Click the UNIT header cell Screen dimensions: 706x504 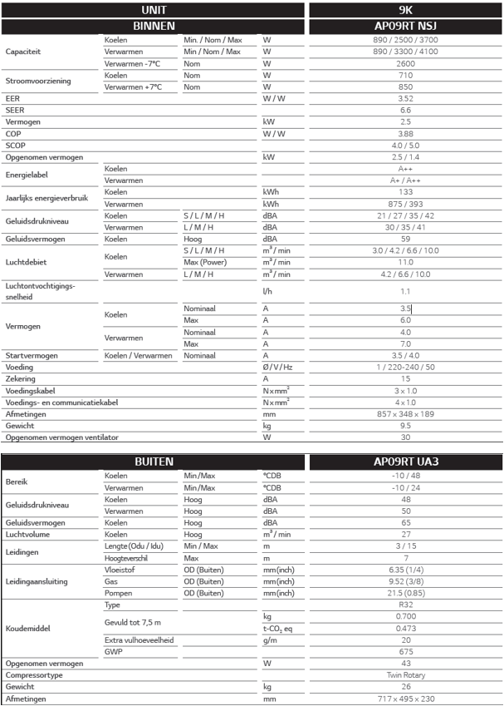point(154,10)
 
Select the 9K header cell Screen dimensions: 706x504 point(405,10)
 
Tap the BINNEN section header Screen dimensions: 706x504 point(154,26)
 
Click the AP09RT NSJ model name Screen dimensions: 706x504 point(405,26)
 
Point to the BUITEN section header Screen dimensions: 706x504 point(154,461)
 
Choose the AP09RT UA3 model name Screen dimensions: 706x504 point(405,461)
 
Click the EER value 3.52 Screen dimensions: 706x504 point(405,97)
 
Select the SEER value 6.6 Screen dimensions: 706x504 point(405,110)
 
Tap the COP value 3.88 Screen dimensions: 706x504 point(405,133)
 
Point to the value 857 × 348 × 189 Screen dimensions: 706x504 point(405,413)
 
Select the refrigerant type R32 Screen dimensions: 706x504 point(405,605)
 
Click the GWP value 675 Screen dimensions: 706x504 point(405,652)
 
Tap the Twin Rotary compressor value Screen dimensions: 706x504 point(405,675)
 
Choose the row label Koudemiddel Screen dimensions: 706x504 point(27,629)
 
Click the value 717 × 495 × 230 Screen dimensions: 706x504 point(405,699)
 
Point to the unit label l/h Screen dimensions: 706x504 point(267,291)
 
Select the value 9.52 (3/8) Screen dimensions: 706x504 point(405,582)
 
